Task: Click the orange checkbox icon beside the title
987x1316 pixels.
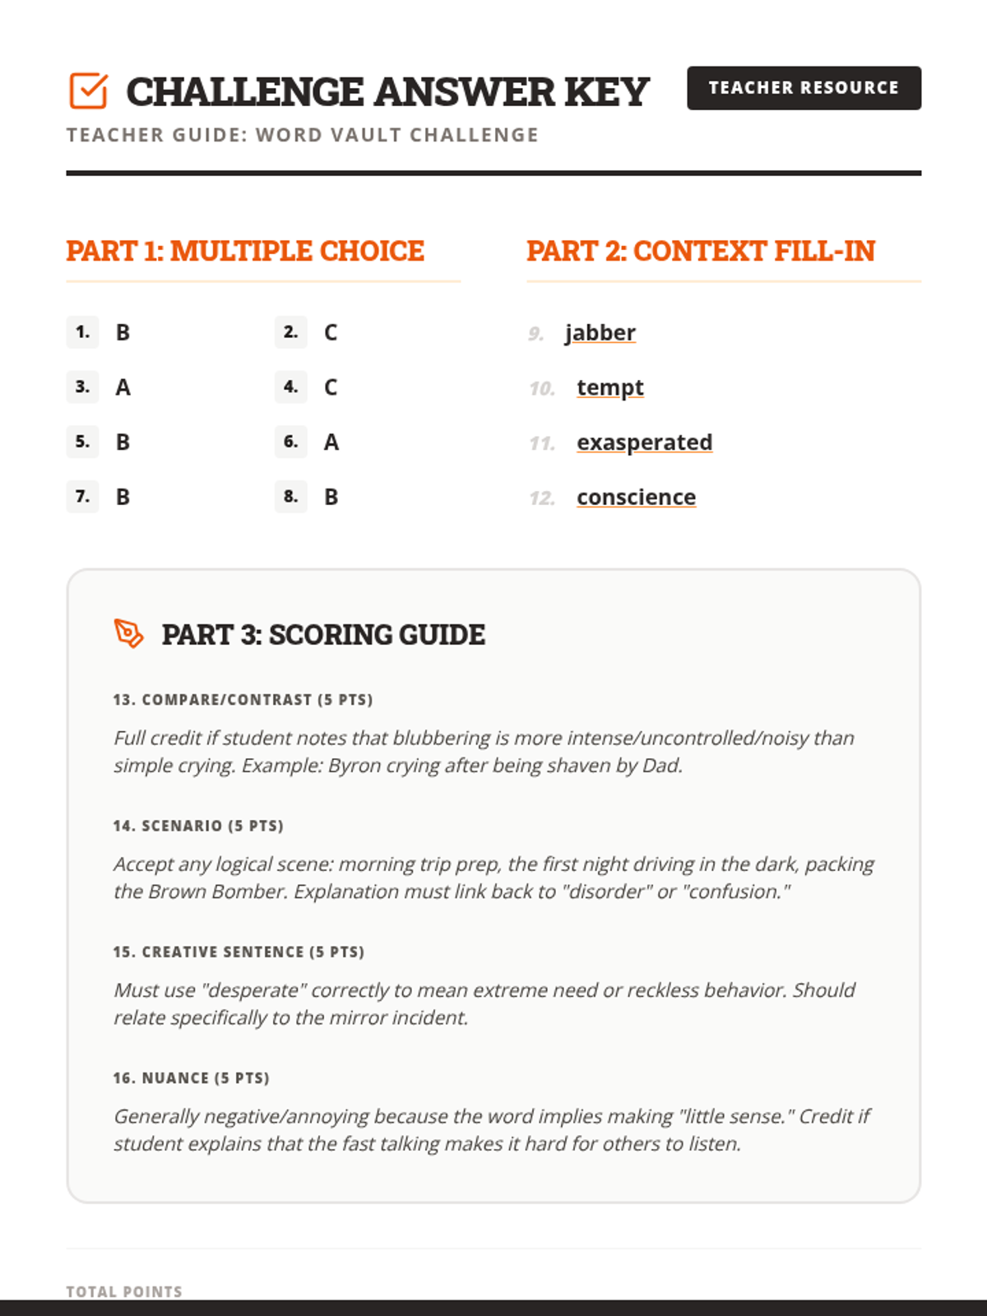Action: tap(88, 90)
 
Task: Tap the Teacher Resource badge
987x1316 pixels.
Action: tap(804, 88)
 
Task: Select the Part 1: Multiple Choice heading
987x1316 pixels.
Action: tap(245, 251)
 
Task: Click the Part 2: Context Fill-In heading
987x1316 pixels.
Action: tap(701, 251)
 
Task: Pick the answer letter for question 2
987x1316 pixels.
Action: tap(331, 332)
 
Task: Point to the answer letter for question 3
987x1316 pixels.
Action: tap(123, 387)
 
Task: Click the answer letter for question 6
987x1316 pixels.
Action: tap(331, 443)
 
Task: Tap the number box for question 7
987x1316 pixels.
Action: tap(82, 497)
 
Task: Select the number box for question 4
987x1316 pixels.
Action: tap(290, 387)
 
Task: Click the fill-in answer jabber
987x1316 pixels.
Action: tap(600, 332)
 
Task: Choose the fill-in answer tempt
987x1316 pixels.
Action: tap(610, 387)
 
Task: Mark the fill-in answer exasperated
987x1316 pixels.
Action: tap(644, 443)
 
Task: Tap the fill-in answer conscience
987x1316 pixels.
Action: tap(636, 498)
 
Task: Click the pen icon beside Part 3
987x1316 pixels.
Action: tap(128, 633)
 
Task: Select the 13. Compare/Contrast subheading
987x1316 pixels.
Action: tap(243, 700)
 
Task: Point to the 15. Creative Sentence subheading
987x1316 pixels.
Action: tap(239, 952)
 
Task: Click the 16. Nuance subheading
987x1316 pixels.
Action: tap(191, 1078)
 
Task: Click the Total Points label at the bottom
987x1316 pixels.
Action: tap(124, 1291)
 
